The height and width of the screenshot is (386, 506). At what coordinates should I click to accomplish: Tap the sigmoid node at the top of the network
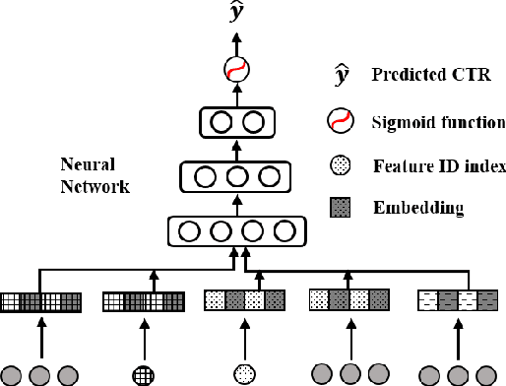pos(235,70)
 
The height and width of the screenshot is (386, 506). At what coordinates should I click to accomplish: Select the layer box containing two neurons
pos(235,123)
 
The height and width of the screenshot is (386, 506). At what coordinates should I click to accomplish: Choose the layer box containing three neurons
pos(235,178)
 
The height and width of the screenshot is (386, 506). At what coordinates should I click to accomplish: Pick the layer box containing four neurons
pos(235,232)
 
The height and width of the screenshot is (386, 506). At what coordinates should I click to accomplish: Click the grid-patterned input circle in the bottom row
pos(144,373)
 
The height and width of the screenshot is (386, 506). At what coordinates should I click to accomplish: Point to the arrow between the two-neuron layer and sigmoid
pos(235,95)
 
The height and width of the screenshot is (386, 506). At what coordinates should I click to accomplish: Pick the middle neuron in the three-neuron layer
pos(235,178)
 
